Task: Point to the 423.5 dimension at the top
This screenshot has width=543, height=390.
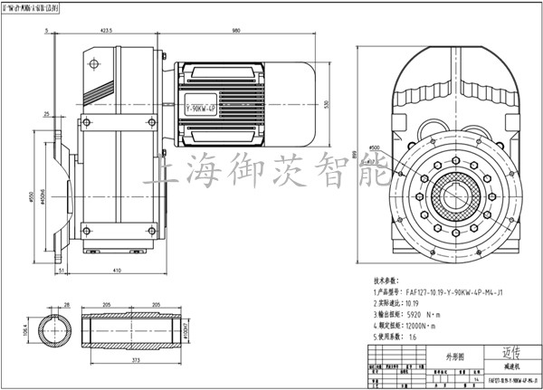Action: coord(106,32)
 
